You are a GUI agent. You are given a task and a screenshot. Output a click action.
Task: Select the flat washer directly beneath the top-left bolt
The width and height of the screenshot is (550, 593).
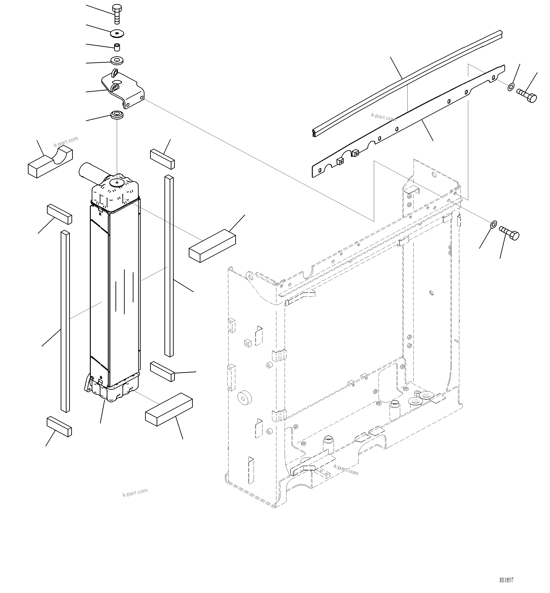[x=117, y=33]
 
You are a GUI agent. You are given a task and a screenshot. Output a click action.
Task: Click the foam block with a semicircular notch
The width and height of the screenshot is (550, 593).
[x=50, y=162]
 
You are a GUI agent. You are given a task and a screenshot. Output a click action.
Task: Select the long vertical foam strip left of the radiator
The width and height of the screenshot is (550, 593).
[x=65, y=321]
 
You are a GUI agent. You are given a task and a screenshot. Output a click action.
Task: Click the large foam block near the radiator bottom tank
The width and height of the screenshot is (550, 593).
[x=169, y=410]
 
